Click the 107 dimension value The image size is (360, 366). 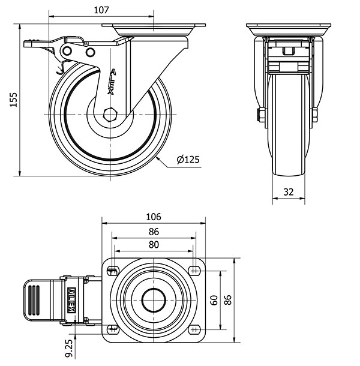(x=101, y=10)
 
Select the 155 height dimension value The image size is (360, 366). (x=14, y=100)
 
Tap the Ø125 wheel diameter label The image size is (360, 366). (x=188, y=160)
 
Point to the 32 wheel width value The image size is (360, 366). (x=289, y=192)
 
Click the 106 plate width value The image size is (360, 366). (x=154, y=217)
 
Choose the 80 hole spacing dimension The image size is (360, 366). (x=154, y=244)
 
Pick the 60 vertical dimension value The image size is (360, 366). (x=214, y=300)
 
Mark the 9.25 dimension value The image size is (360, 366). (x=69, y=348)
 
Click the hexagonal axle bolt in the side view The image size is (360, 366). (x=110, y=115)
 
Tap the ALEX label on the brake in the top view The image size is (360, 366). (x=71, y=300)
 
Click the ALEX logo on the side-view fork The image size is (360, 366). (x=112, y=82)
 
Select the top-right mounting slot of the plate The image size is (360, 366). (x=194, y=271)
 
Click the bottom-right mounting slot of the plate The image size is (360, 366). (x=194, y=329)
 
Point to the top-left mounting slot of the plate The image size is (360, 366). (x=113, y=271)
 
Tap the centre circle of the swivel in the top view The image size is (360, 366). (x=154, y=300)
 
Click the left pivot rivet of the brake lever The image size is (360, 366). (x=67, y=51)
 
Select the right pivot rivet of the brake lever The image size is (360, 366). (x=91, y=52)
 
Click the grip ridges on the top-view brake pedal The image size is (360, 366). (x=34, y=300)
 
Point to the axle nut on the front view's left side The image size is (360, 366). (x=261, y=115)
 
